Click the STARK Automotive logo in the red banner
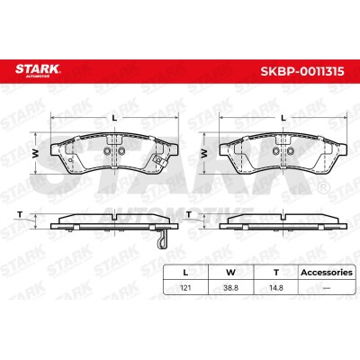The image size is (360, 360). pyautogui.click(x=38, y=71)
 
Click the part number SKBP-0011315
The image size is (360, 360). pyautogui.click(x=302, y=72)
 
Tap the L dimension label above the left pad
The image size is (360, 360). pyautogui.click(x=114, y=118)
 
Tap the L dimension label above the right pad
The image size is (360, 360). pyautogui.click(x=283, y=118)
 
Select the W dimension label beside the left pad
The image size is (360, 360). pyautogui.click(x=36, y=153)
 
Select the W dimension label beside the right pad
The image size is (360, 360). pyautogui.click(x=204, y=153)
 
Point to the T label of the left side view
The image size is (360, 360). pyautogui.click(x=20, y=214)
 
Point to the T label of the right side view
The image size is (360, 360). pyautogui.click(x=189, y=214)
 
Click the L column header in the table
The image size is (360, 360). pyautogui.click(x=185, y=273)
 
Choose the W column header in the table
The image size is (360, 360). pyautogui.click(x=230, y=273)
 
